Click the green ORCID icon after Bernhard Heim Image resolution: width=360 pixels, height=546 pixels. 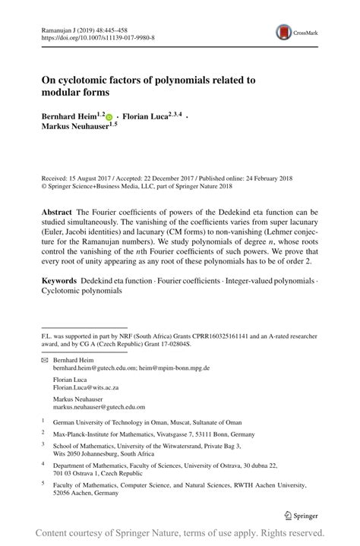(x=109, y=118)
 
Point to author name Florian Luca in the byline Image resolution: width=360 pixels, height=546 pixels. (x=147, y=117)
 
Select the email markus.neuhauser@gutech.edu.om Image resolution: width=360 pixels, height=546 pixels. (x=99, y=407)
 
